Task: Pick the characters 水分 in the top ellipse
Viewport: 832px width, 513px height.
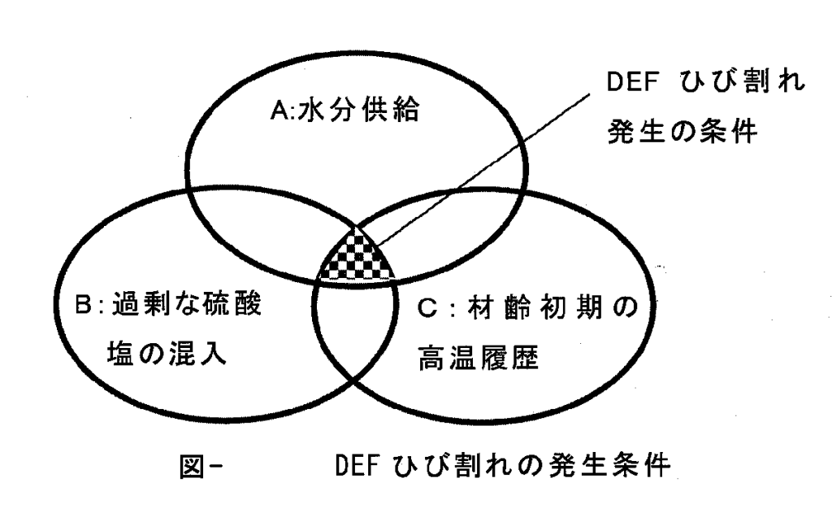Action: (x=316, y=110)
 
